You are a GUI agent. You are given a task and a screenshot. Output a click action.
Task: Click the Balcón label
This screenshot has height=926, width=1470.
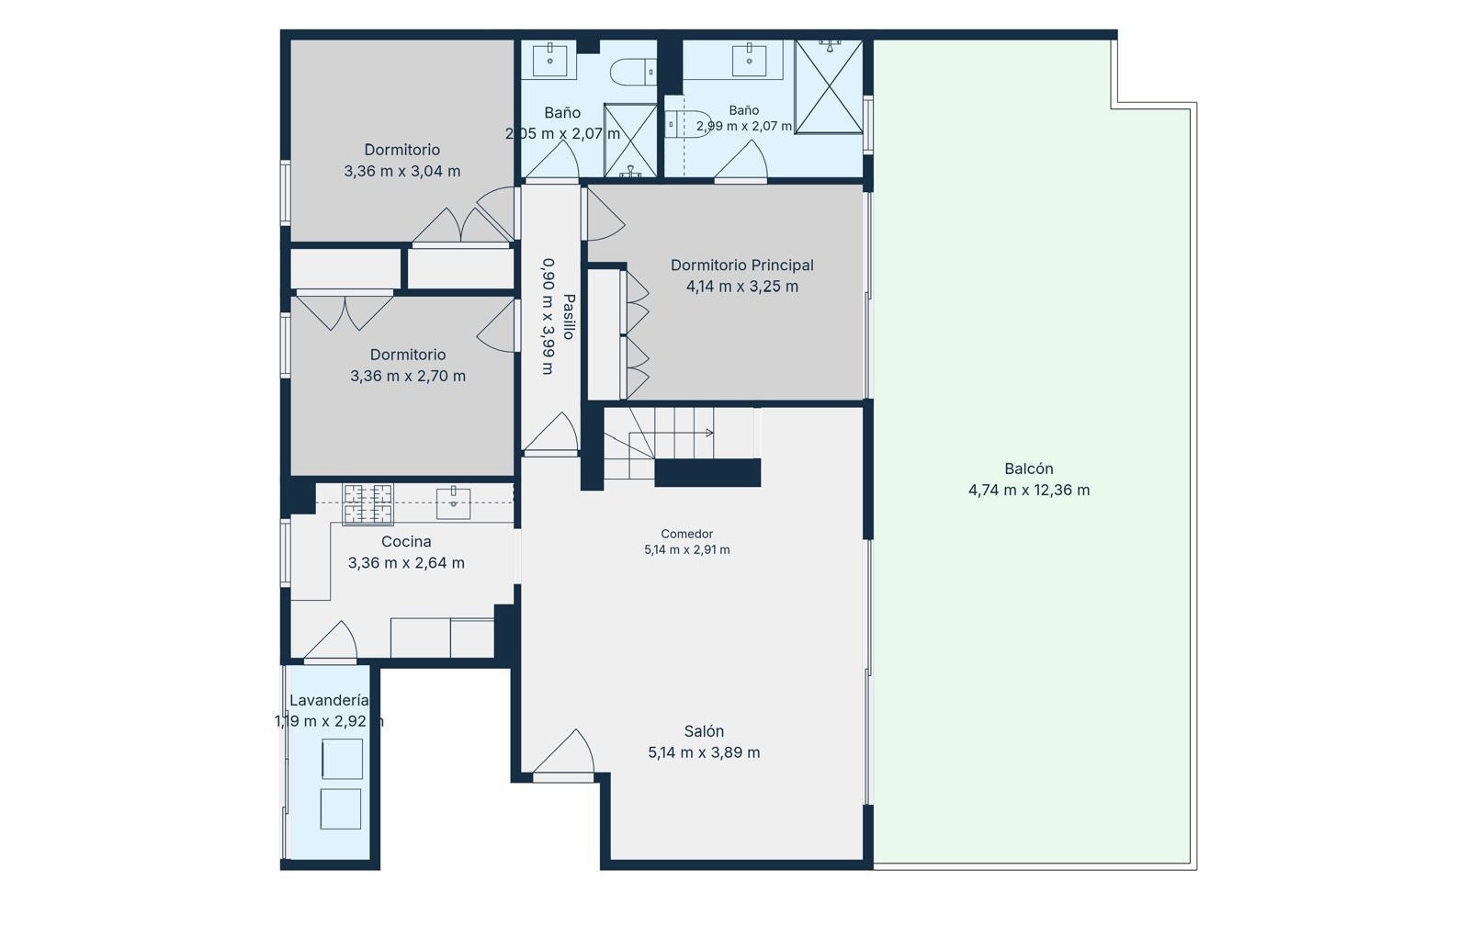click(1028, 469)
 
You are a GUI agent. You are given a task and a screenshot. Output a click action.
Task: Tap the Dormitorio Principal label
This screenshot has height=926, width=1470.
click(741, 265)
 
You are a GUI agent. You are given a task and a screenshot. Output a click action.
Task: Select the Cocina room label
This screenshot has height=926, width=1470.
click(406, 541)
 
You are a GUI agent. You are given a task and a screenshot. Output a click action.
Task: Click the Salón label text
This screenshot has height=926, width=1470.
click(704, 731)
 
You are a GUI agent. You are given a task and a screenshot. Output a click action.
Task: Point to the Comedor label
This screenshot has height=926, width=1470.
click(686, 534)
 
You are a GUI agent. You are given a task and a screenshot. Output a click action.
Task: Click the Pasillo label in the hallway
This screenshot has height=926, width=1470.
click(569, 316)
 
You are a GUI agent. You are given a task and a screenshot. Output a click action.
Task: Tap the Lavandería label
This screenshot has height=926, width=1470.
click(329, 700)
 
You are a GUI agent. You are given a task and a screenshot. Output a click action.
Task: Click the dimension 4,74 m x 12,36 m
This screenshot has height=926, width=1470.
click(1029, 491)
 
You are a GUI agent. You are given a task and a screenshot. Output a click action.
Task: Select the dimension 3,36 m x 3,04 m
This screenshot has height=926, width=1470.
click(402, 171)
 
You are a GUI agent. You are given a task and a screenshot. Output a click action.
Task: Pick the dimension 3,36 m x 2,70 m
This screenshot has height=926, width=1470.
click(408, 376)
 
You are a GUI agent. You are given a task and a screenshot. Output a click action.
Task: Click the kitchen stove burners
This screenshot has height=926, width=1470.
click(367, 504)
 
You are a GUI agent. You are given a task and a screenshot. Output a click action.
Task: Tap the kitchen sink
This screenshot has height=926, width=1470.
click(454, 503)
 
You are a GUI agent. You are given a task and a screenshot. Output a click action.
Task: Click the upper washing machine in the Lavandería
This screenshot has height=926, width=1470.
click(342, 759)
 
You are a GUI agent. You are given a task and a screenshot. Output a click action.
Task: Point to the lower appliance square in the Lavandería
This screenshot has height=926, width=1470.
click(341, 808)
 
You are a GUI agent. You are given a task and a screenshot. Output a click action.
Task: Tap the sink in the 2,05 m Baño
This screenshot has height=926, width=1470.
click(549, 61)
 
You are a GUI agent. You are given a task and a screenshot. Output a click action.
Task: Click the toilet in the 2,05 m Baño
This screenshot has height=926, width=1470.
click(633, 72)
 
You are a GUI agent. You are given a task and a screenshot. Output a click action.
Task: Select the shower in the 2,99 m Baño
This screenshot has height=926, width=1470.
click(829, 86)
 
